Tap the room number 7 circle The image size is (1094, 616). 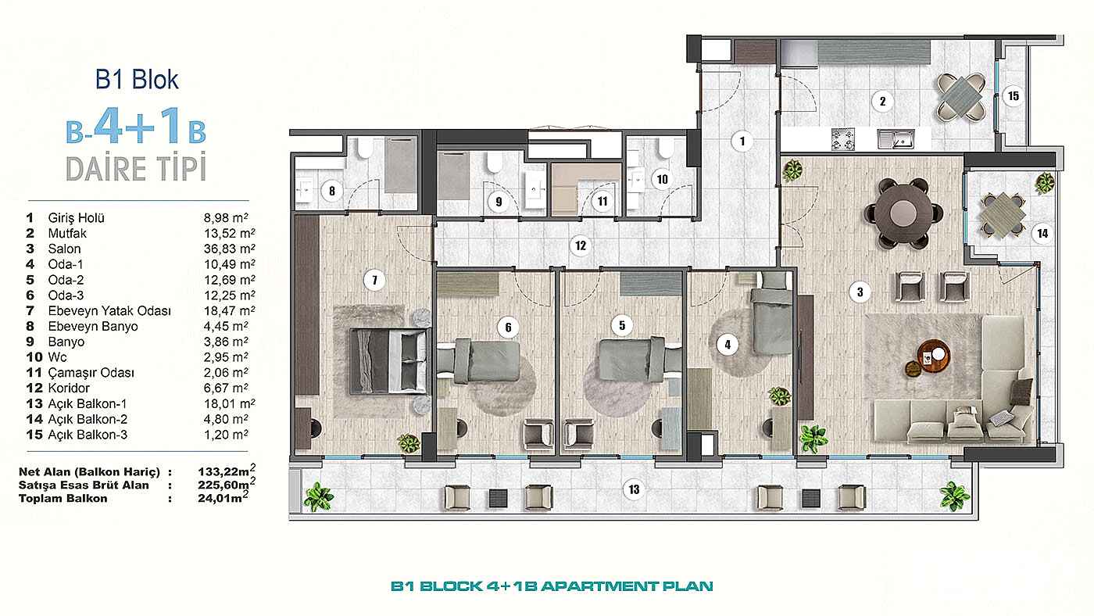374,281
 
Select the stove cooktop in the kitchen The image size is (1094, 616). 843,139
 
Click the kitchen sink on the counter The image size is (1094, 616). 896,139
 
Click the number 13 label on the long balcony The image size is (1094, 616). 634,489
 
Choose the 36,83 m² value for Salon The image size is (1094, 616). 230,249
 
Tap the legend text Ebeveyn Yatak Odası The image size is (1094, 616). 109,310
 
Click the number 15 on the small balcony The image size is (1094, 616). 1014,95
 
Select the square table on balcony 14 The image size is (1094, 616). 1002,216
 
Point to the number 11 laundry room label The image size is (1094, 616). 602,201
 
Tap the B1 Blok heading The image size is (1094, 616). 138,80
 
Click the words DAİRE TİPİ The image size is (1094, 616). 136,168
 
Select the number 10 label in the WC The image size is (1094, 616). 663,179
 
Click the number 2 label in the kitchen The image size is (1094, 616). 882,102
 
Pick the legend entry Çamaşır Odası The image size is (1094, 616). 91,373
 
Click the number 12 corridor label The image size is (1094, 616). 580,245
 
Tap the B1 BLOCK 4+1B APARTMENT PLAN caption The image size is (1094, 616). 552,586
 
